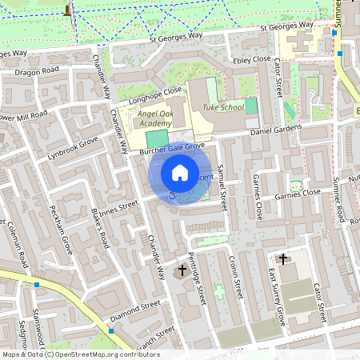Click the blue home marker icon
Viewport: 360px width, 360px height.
(180, 172)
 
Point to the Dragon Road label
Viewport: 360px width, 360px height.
(38, 70)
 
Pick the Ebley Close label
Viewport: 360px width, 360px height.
(250, 59)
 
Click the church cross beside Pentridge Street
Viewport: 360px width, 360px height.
(182, 270)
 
